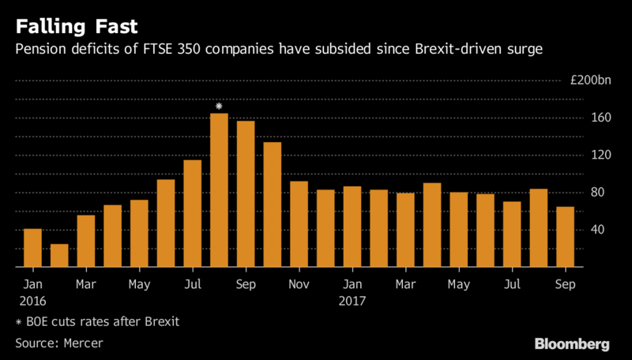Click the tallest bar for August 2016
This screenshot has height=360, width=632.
(219, 189)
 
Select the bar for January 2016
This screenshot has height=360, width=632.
(32, 247)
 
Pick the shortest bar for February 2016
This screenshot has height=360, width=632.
(59, 255)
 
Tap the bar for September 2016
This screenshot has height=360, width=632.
(246, 193)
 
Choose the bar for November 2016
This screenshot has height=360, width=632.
(299, 223)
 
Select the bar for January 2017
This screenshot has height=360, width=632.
(352, 227)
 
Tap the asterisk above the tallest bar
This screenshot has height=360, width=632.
(219, 105)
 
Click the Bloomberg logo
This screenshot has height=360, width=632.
(572, 344)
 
